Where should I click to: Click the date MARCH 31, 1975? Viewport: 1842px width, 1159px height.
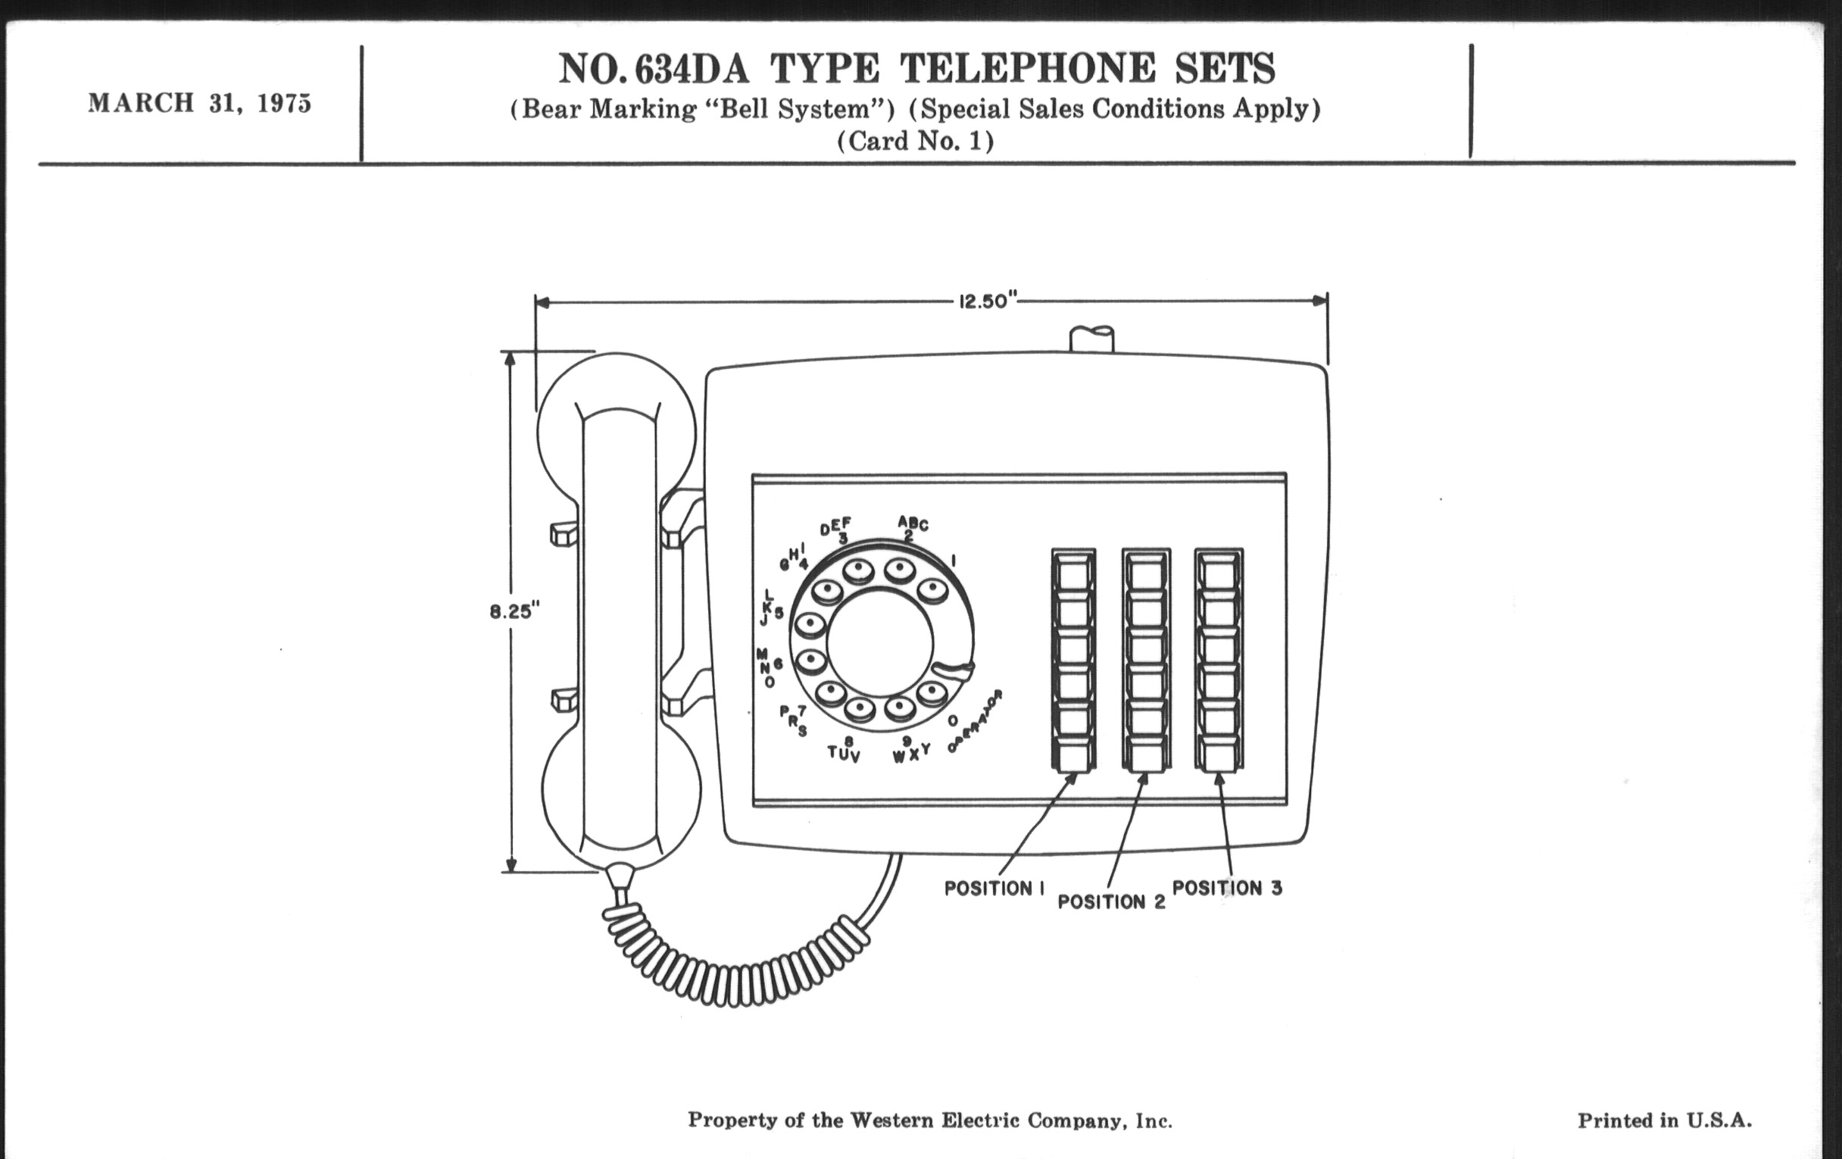pyautogui.click(x=200, y=103)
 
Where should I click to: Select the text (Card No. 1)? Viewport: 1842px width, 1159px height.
pyautogui.click(x=915, y=141)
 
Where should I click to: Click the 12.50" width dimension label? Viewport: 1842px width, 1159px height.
pyautogui.click(x=985, y=301)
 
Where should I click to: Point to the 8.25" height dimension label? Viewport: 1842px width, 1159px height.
pyautogui.click(x=515, y=612)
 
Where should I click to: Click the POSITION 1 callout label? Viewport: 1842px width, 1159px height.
pyautogui.click(x=994, y=888)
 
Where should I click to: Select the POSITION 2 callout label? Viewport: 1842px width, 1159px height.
pyautogui.click(x=1111, y=902)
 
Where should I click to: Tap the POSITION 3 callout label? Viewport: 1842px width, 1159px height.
pyautogui.click(x=1227, y=888)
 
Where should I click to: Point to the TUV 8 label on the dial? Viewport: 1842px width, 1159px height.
pyautogui.click(x=845, y=749)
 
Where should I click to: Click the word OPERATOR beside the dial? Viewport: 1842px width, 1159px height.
pyautogui.click(x=976, y=720)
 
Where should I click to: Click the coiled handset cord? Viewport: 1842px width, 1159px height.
pyautogui.click(x=735, y=956)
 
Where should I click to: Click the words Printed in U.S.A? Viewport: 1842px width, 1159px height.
pyautogui.click(x=1665, y=1121)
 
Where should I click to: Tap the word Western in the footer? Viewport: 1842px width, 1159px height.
pyautogui.click(x=891, y=1121)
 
